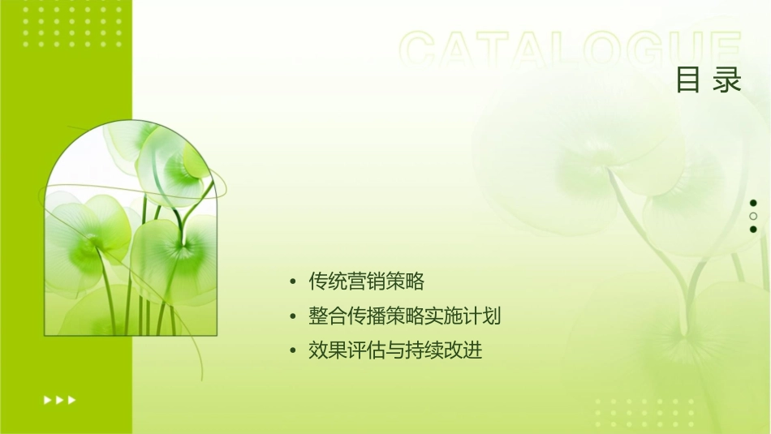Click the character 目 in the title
(x=687, y=80)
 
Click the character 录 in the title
(x=728, y=80)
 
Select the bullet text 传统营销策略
(x=367, y=281)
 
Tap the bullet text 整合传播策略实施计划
(x=405, y=316)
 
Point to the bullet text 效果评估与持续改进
(x=396, y=350)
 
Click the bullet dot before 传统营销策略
(x=293, y=282)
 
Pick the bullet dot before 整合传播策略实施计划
(x=293, y=317)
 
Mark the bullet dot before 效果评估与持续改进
(x=293, y=351)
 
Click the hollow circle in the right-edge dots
(x=753, y=216)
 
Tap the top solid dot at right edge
(x=753, y=203)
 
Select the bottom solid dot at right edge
(x=753, y=229)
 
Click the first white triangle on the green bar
(x=46, y=399)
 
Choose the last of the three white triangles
(x=72, y=399)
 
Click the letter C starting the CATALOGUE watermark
(x=420, y=50)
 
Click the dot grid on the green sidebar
(x=72, y=25)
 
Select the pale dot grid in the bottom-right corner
(x=646, y=413)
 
